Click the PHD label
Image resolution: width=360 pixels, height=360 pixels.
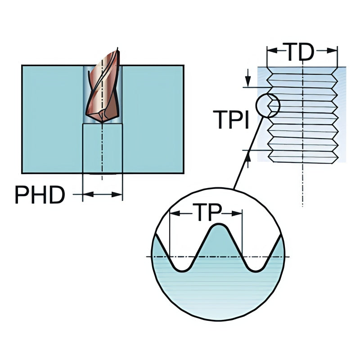(40, 194)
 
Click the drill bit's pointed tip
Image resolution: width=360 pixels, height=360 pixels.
(103, 121)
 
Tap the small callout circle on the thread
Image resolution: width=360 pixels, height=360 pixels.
(267, 106)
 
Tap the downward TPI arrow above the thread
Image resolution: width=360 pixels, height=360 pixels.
(247, 83)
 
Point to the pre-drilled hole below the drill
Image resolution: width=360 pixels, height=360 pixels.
(103, 148)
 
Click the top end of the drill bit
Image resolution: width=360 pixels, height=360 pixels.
(117, 49)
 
